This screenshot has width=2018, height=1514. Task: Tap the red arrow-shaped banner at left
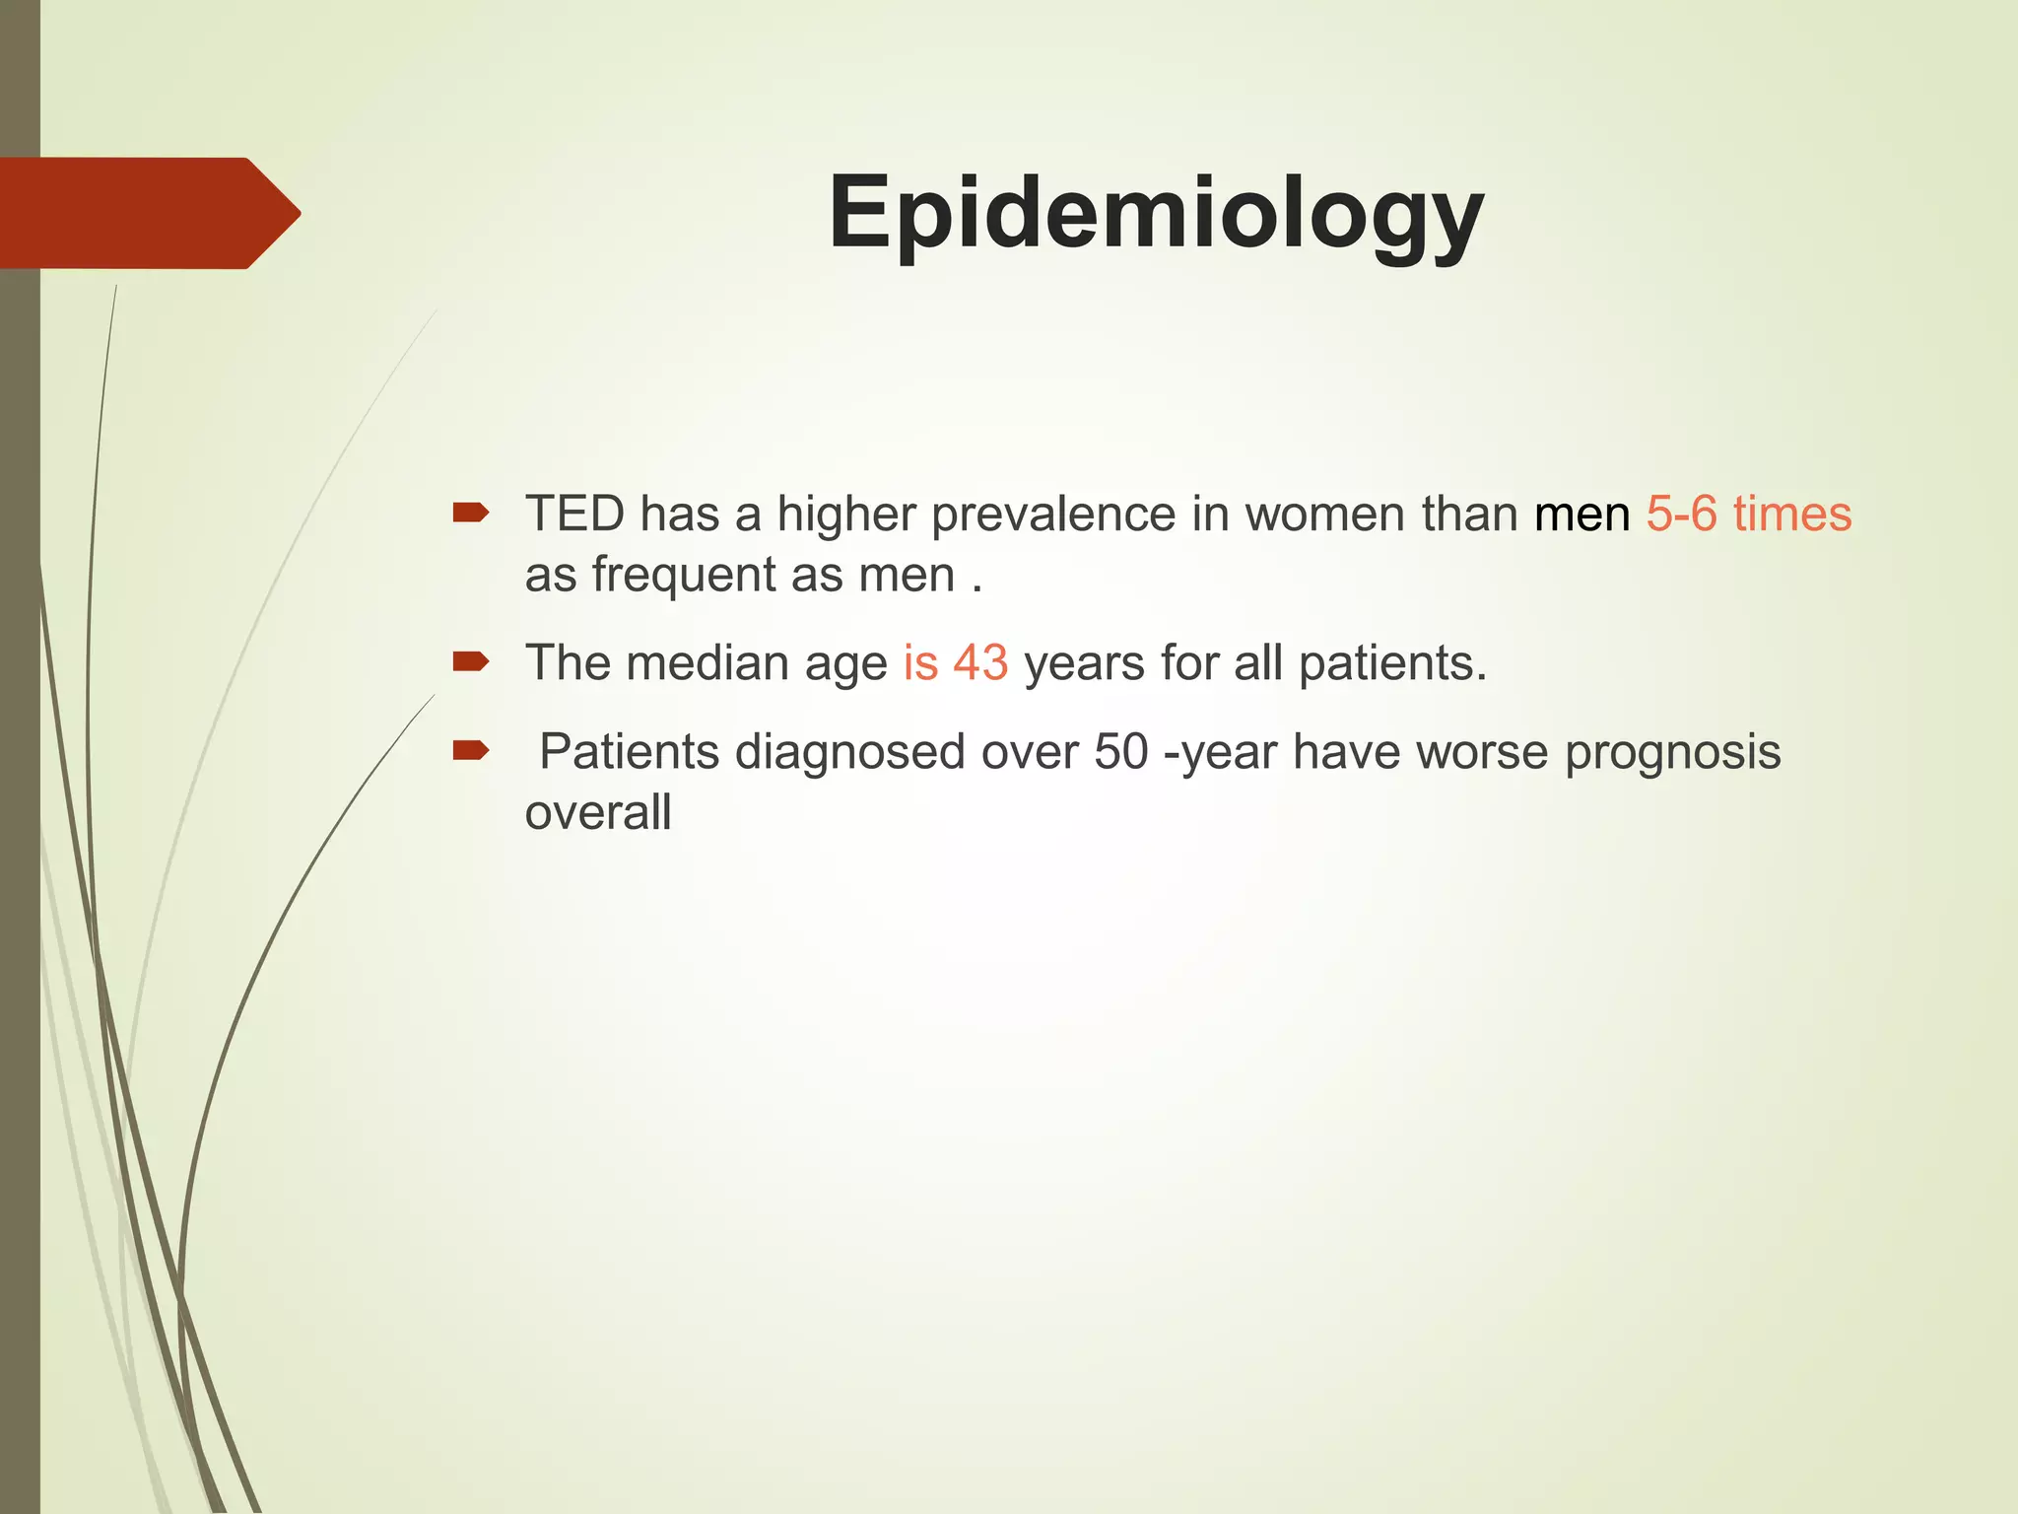(x=148, y=213)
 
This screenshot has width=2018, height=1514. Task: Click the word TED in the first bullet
(x=574, y=515)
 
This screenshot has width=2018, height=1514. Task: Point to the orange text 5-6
(x=1681, y=515)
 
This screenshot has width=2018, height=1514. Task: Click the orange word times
(x=1792, y=515)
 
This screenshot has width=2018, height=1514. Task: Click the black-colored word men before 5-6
(x=1581, y=515)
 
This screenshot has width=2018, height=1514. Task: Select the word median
(x=707, y=663)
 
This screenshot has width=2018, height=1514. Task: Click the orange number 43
(x=980, y=663)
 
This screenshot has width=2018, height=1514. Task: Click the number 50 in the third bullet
(x=1120, y=752)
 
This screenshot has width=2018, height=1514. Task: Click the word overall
(x=598, y=813)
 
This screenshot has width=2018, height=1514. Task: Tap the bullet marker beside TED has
(x=470, y=513)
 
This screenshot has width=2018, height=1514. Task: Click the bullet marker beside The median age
(x=470, y=661)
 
